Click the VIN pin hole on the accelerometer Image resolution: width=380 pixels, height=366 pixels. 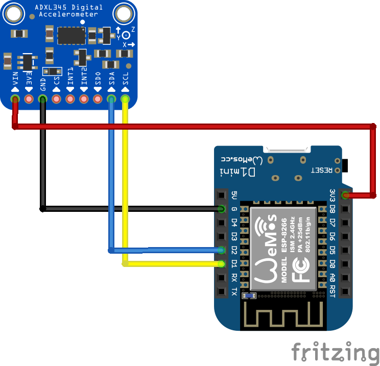(15, 99)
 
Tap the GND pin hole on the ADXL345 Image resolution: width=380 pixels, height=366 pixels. (43, 99)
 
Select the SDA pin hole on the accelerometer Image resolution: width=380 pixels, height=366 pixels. (111, 99)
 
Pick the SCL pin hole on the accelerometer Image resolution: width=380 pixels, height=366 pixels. (125, 99)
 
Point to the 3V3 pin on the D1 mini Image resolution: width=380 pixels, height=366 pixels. (346, 194)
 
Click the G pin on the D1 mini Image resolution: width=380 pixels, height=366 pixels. (221, 209)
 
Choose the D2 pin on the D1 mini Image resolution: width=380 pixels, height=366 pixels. (221, 250)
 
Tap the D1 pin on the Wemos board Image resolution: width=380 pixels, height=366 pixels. (221, 264)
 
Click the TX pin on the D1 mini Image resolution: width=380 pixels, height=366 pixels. (221, 291)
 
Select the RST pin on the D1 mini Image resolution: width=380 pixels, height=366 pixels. (346, 291)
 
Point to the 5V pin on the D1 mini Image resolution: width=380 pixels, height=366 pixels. (221, 195)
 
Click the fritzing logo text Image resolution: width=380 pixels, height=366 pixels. (336, 352)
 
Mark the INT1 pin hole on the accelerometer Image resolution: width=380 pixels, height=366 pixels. (70, 99)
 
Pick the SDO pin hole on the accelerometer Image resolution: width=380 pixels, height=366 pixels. (98, 99)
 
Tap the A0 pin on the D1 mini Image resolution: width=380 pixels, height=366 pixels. (346, 278)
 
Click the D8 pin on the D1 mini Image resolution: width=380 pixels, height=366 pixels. (346, 209)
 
